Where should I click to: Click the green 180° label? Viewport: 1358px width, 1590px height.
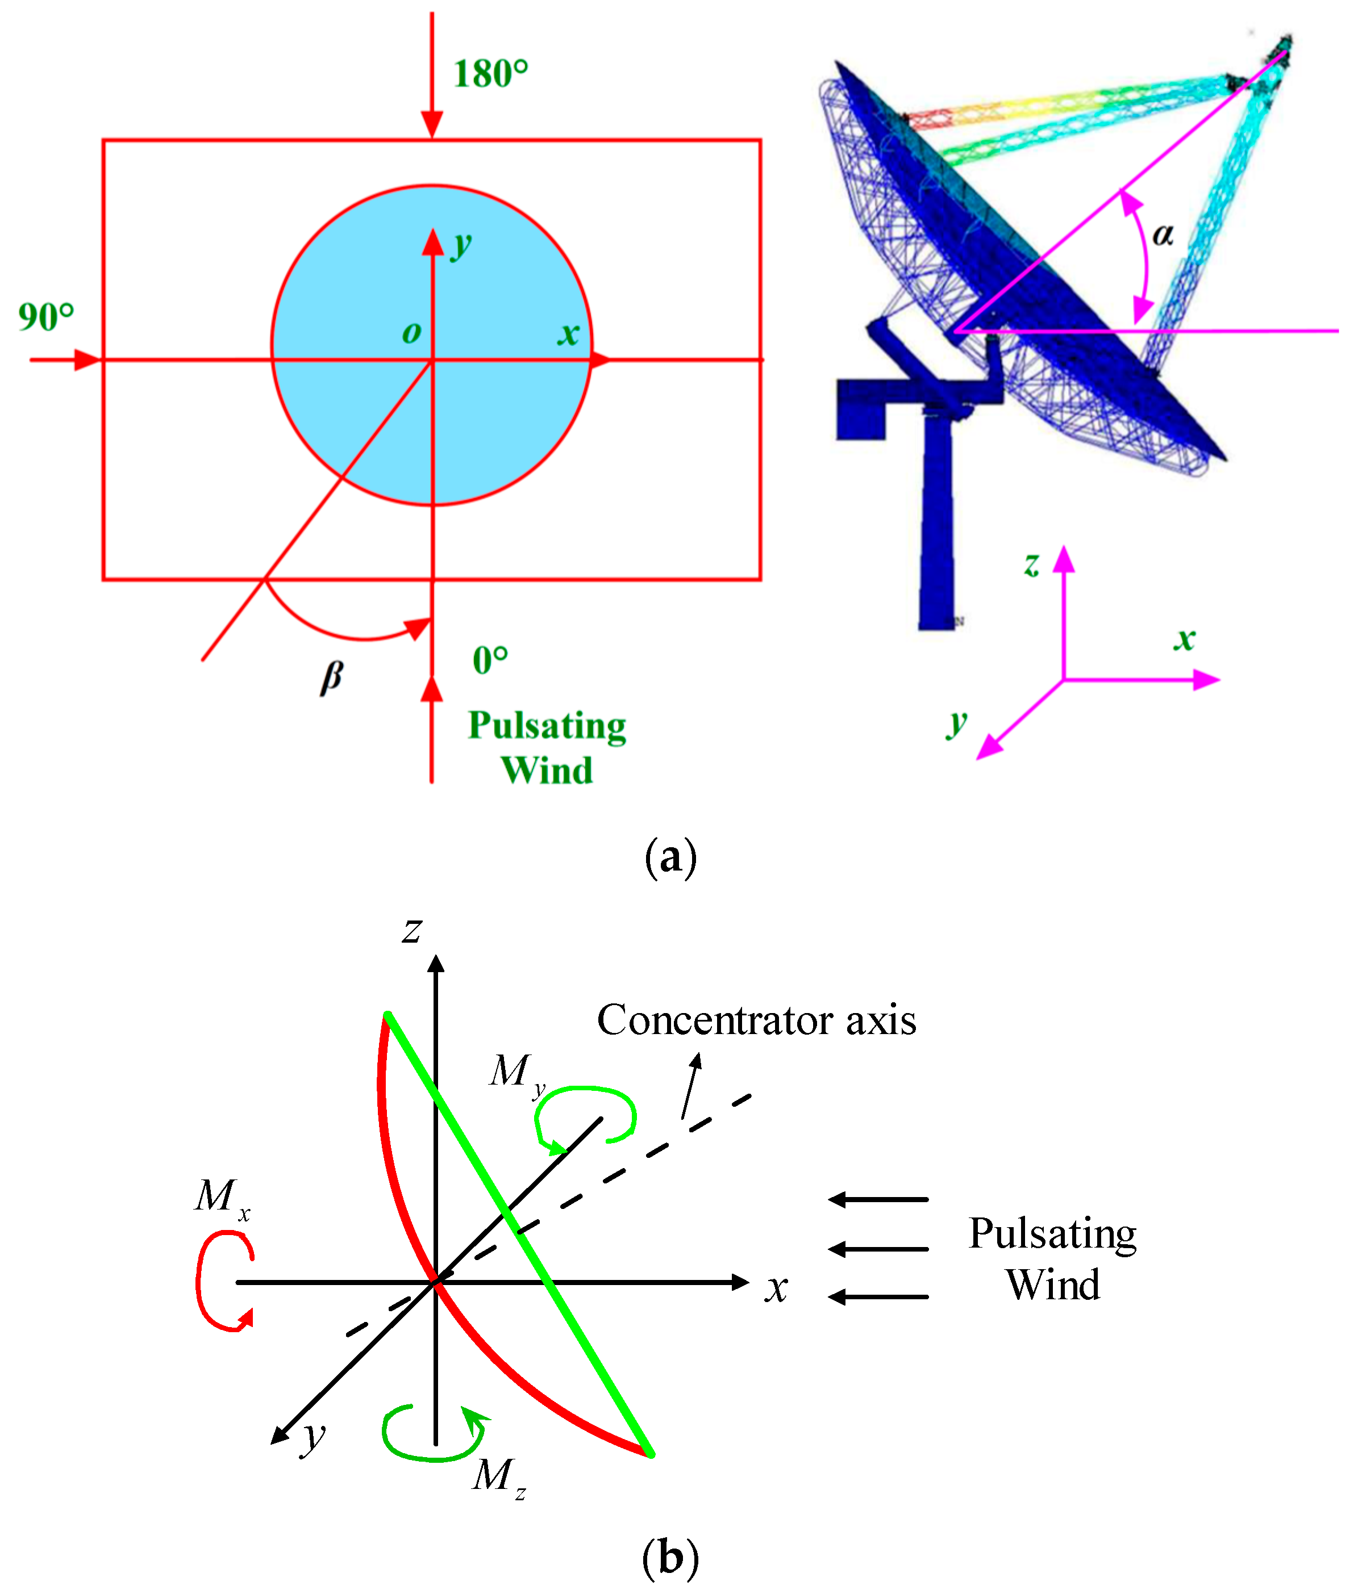click(x=490, y=74)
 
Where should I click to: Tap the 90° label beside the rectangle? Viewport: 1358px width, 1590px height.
click(x=46, y=317)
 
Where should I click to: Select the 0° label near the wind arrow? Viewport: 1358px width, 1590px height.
click(x=490, y=660)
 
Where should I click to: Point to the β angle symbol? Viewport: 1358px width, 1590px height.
click(x=332, y=677)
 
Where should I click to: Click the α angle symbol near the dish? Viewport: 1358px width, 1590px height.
click(x=1163, y=234)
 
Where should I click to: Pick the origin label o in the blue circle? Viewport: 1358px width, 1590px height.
click(x=411, y=332)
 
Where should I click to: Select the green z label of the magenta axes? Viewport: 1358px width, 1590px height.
click(x=1032, y=564)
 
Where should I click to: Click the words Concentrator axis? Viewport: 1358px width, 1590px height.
click(x=756, y=1020)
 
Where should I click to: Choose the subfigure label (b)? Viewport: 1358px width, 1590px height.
click(x=670, y=1557)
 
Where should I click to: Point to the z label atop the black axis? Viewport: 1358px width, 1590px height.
click(x=413, y=930)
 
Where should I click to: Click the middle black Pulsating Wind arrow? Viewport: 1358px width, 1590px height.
click(x=878, y=1249)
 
